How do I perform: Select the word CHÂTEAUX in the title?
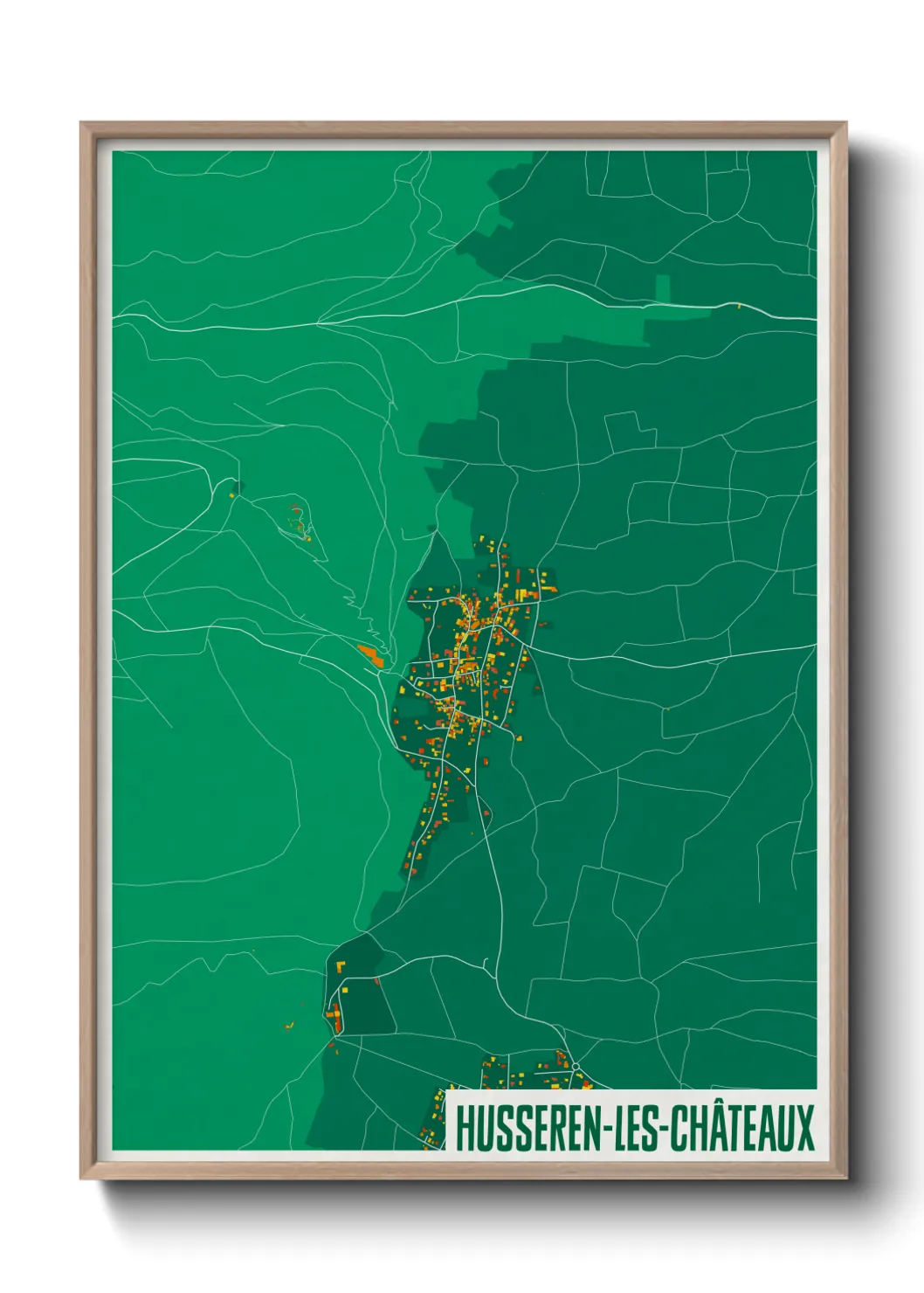(742, 1128)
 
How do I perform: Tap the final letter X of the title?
(804, 1128)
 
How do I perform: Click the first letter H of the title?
(465, 1128)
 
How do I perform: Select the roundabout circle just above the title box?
(576, 1068)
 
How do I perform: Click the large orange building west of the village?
(369, 653)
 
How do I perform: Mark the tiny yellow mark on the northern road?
(739, 306)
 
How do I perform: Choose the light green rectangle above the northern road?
(663, 287)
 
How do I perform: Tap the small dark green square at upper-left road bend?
(237, 485)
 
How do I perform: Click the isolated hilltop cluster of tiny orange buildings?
(300, 522)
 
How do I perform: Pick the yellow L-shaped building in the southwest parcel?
(341, 965)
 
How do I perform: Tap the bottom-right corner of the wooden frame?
(845, 1178)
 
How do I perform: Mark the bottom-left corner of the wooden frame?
(82, 1178)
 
